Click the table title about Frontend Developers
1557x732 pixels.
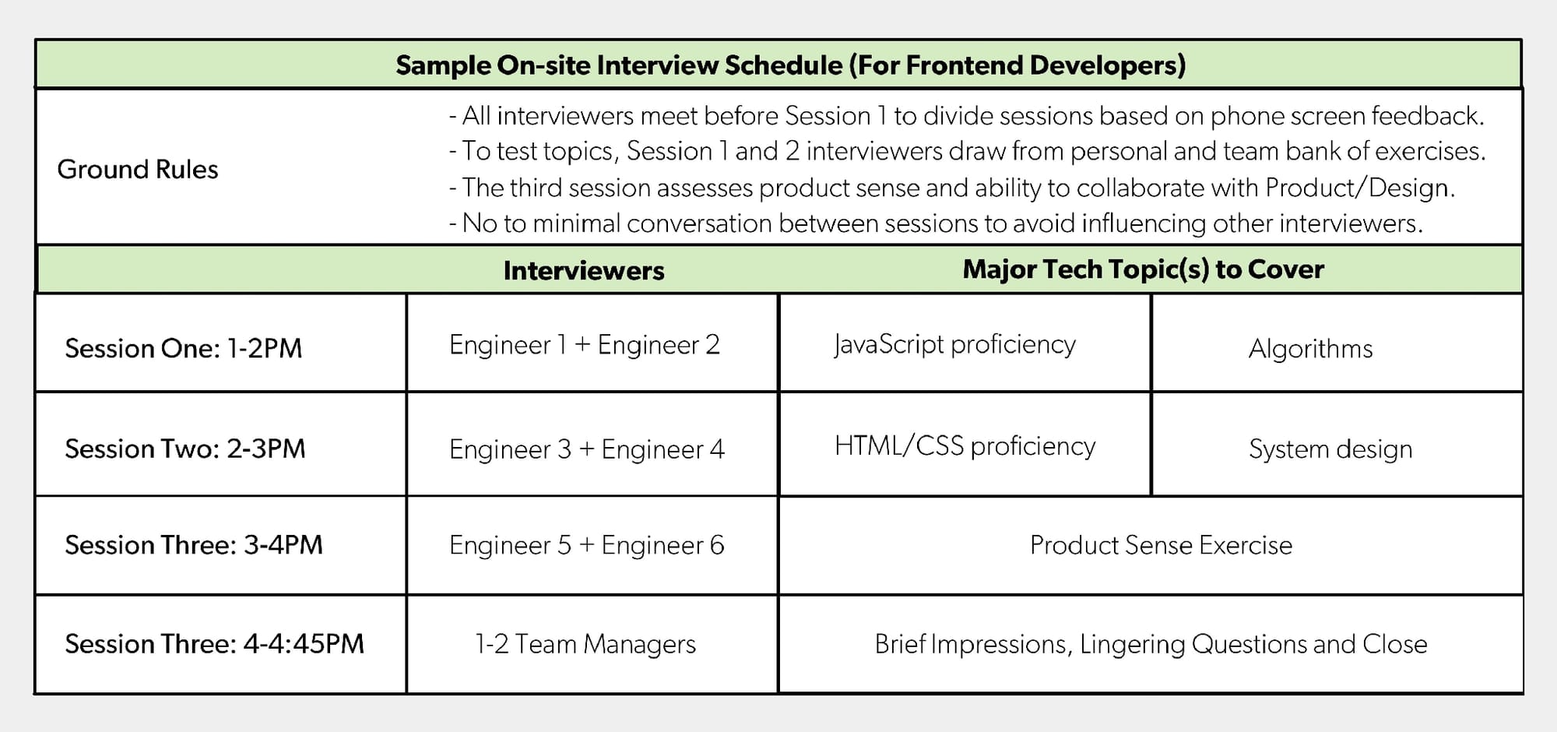click(790, 65)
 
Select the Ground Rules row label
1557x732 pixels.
click(138, 169)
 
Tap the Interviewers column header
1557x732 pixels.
click(584, 270)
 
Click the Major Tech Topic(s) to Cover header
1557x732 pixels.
click(1143, 269)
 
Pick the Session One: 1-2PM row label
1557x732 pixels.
click(184, 348)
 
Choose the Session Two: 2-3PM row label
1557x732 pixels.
click(185, 449)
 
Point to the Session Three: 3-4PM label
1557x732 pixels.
click(194, 545)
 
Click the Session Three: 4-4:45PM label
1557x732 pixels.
click(215, 644)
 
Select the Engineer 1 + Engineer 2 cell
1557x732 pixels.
click(585, 345)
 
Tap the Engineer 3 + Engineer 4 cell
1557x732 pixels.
click(587, 449)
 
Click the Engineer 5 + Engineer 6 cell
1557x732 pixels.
click(587, 545)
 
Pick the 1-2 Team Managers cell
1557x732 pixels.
click(585, 644)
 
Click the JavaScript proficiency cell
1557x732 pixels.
click(955, 345)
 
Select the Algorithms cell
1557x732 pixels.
click(1311, 349)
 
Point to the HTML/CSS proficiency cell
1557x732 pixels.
click(965, 446)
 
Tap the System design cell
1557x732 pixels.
click(1330, 449)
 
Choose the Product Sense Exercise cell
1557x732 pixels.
click(1161, 545)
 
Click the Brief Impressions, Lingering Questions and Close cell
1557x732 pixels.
click(1151, 645)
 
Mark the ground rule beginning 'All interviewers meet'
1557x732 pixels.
click(967, 116)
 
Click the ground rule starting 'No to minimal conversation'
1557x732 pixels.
click(936, 223)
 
